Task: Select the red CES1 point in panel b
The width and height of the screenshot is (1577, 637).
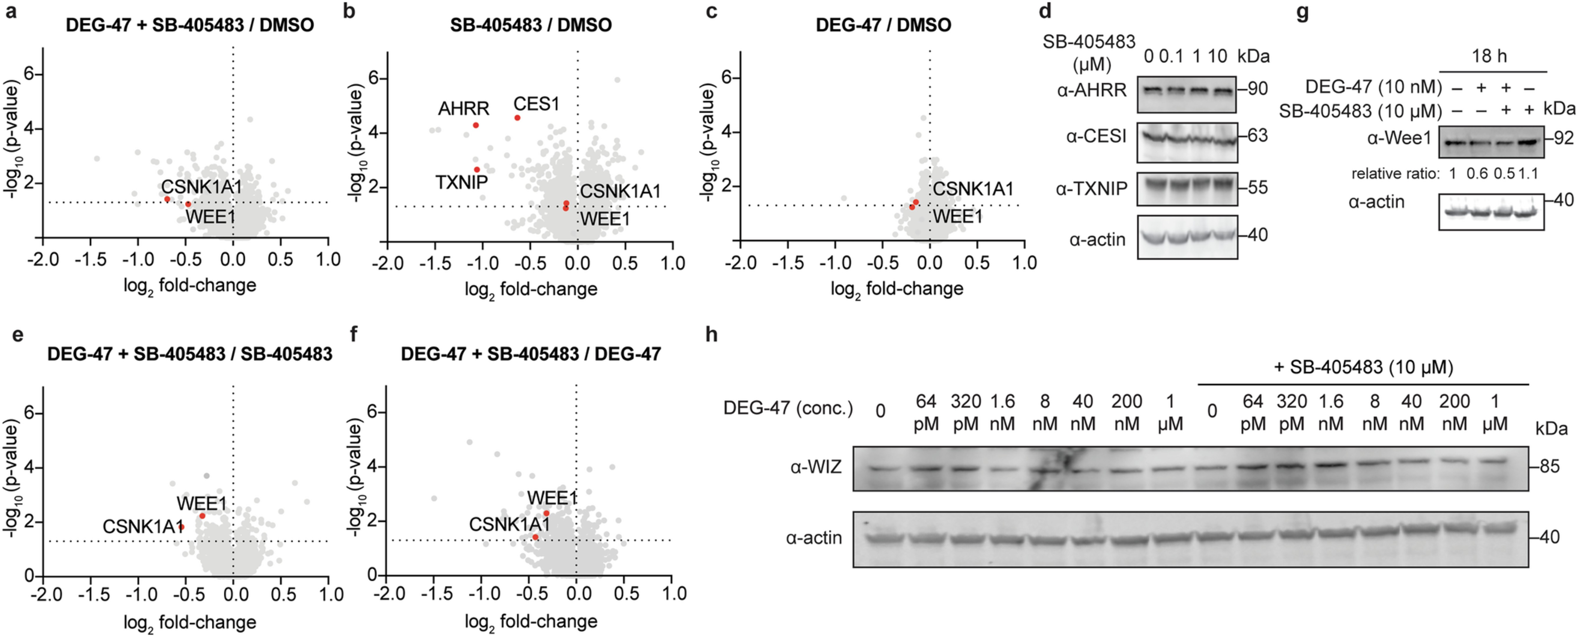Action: pyautogui.click(x=517, y=118)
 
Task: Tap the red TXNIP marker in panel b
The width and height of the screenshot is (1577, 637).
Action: pyautogui.click(x=476, y=170)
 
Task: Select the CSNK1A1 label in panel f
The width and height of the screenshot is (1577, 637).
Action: pyautogui.click(x=509, y=524)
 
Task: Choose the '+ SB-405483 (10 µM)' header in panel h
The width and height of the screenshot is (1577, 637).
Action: pyautogui.click(x=1363, y=367)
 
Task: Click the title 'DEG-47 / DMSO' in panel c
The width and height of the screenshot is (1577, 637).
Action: pyautogui.click(x=883, y=25)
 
